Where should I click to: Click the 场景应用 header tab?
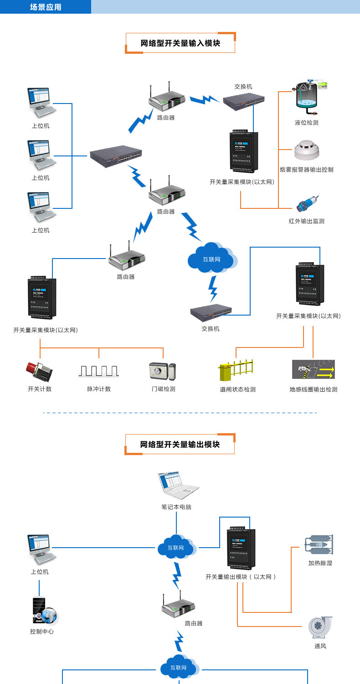(46, 7)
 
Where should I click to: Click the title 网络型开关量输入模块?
(180, 43)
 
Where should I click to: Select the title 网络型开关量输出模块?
(180, 444)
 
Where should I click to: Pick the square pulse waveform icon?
(99, 370)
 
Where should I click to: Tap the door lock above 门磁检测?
(162, 371)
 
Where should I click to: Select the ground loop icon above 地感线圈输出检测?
(314, 369)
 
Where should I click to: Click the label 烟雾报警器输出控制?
(307, 170)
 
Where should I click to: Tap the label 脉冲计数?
(99, 389)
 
